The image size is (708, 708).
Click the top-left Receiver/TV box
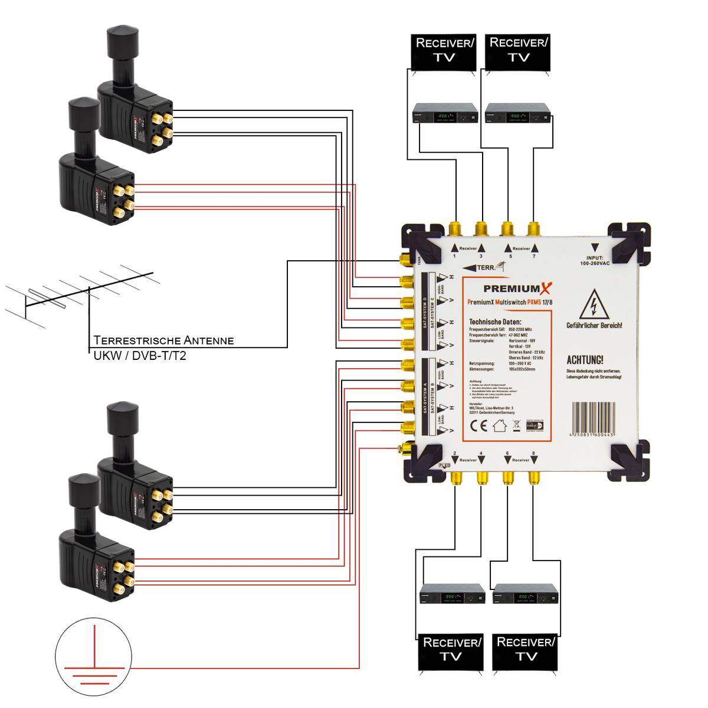point(444,51)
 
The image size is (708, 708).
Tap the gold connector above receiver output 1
point(455,228)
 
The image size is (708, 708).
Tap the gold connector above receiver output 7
point(534,228)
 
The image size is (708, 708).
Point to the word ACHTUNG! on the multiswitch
point(585,360)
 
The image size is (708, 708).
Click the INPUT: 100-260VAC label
point(595,261)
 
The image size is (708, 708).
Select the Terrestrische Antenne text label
point(163,340)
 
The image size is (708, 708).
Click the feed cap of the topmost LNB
point(121,38)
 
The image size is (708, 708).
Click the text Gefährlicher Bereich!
point(594,326)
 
